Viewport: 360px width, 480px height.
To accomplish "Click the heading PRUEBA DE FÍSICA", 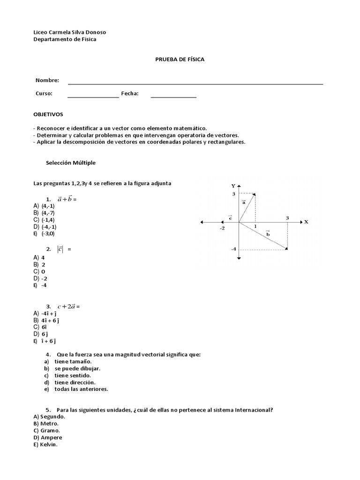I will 180,60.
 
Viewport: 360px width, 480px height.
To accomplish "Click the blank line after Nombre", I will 195,83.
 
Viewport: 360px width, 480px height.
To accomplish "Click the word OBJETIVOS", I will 48,114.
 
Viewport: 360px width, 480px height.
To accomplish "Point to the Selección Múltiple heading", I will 71,163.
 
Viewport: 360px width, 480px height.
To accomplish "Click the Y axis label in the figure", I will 233,186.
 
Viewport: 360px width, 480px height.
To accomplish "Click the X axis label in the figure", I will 306,222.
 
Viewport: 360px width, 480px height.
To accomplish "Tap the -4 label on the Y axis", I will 233,249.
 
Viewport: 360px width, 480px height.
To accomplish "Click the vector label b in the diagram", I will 268,233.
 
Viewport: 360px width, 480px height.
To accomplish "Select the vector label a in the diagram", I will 244,202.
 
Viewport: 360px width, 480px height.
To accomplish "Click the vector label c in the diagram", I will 230,217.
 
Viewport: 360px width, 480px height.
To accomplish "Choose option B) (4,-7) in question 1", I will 44,212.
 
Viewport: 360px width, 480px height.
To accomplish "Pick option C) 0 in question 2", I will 39,271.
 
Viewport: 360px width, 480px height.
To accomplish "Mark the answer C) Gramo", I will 47,430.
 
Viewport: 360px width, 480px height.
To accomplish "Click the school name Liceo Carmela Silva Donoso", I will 70,32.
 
